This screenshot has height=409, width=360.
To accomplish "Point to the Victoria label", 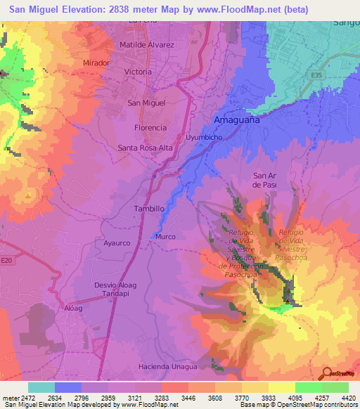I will (x=138, y=72).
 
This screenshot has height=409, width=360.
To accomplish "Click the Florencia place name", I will (x=150, y=128).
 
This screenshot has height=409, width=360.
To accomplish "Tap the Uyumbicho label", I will (x=204, y=137).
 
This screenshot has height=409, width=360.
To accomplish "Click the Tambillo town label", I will (x=149, y=209).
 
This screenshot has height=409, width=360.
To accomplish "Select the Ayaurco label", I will (x=117, y=242).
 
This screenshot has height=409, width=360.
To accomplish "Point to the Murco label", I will (x=165, y=237).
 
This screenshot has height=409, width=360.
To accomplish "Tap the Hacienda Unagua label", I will (x=168, y=366).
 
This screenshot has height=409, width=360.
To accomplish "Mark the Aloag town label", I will (x=73, y=308).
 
